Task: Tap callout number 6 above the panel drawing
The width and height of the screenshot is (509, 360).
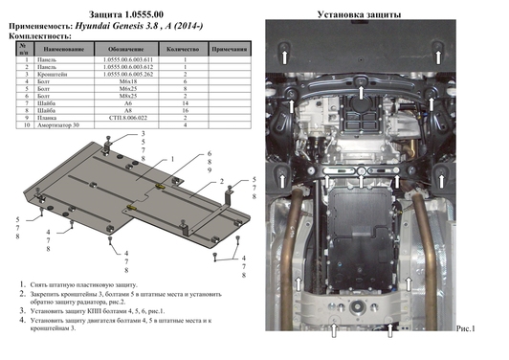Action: pos(209,153)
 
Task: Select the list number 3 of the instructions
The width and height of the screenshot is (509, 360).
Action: pos(22,312)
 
